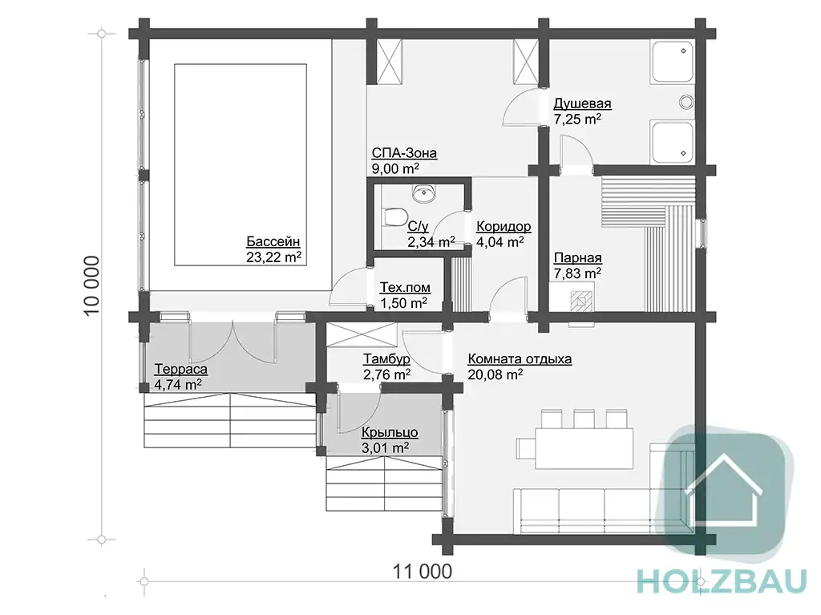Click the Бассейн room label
(x=273, y=241)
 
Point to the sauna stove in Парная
(x=581, y=301)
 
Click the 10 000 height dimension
(x=91, y=285)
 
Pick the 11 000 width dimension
(x=423, y=571)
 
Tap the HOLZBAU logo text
(x=721, y=581)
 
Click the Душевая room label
(x=582, y=103)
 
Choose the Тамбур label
(x=386, y=359)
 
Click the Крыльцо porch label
(x=390, y=433)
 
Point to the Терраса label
(x=180, y=370)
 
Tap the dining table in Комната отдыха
(x=584, y=448)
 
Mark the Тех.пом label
(x=405, y=288)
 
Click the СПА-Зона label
(x=404, y=153)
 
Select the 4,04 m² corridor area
(x=500, y=242)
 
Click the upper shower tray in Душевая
(x=673, y=63)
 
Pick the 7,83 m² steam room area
(x=577, y=273)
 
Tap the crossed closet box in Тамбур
(x=362, y=335)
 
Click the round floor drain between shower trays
(x=686, y=102)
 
